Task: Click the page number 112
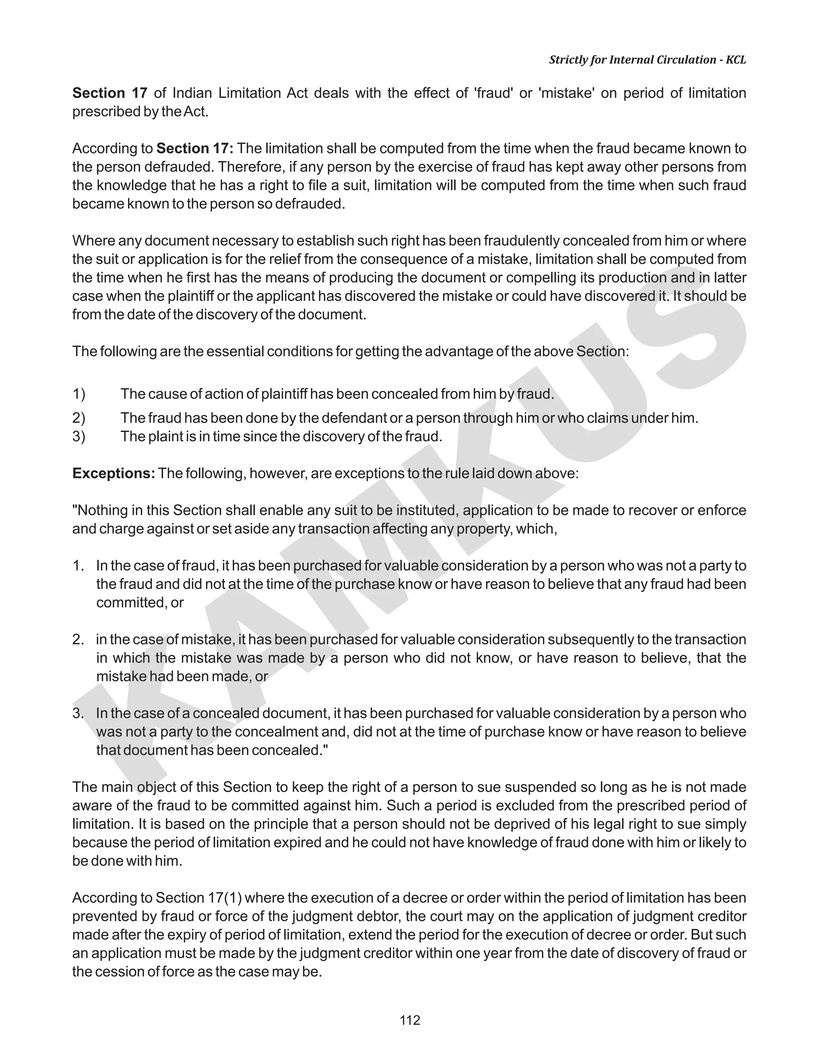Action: coord(409,1020)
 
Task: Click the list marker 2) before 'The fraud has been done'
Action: coord(79,418)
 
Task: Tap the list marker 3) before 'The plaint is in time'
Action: coord(79,436)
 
